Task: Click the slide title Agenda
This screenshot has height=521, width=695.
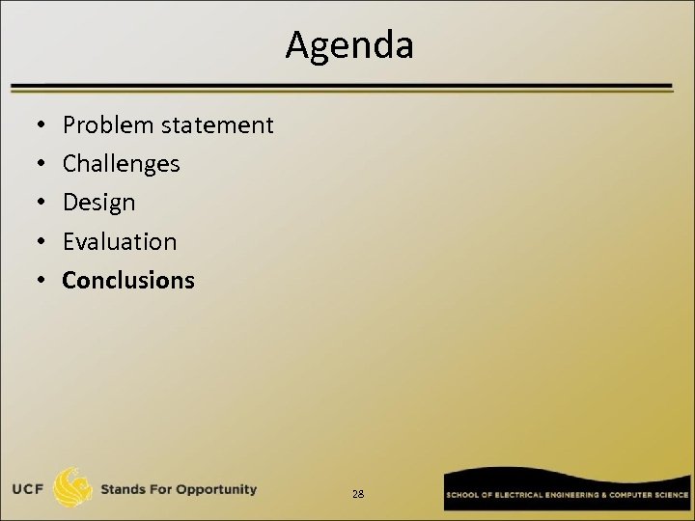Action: coord(348,44)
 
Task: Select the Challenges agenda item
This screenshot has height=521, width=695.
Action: coord(121,164)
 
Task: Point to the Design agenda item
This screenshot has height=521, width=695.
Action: coord(98,203)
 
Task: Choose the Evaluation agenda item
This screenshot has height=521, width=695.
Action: coord(120,241)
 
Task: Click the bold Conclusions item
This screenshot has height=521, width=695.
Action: coord(128,281)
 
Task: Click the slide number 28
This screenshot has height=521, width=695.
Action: coord(358,494)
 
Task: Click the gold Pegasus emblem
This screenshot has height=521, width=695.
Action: coord(73,488)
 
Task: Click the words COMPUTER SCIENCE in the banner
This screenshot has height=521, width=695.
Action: coord(649,494)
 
